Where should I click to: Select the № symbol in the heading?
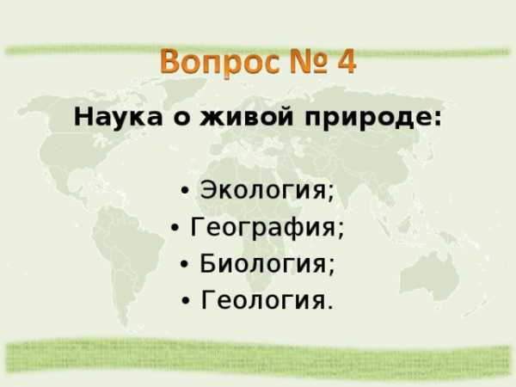coord(304,61)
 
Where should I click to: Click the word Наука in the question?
coord(119,116)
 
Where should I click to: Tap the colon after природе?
coord(437,119)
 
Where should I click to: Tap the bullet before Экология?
coord(185,191)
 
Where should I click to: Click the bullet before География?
coord(175,227)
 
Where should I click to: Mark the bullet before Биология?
coord(185,264)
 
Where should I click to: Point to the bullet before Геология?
coord(186,300)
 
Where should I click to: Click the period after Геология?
coord(330,307)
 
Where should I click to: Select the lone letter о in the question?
coord(182,120)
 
